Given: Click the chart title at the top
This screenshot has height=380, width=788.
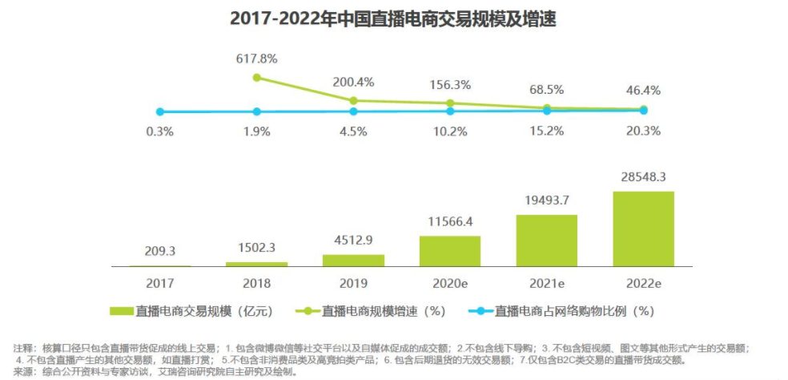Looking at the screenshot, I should [392, 18].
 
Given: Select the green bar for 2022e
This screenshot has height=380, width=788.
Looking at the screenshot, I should [643, 228].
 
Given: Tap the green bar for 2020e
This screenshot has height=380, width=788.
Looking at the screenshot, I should [449, 251].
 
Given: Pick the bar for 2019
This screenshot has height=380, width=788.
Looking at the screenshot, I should [353, 261].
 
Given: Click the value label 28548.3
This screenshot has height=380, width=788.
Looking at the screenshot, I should [643, 176].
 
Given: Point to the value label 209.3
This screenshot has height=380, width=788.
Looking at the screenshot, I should [160, 250].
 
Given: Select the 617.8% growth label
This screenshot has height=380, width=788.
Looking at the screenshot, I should [256, 59].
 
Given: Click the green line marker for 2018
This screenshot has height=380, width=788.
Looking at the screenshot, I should [256, 78].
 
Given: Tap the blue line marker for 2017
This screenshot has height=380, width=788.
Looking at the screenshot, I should [160, 111].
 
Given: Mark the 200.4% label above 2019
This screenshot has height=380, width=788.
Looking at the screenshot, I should [353, 82].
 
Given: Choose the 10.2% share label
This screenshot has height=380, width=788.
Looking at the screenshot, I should [449, 131].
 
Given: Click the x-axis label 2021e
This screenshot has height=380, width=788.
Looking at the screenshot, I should [546, 283].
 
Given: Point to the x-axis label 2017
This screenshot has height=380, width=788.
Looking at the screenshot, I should [160, 283].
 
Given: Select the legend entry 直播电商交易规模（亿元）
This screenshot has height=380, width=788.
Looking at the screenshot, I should [189, 310].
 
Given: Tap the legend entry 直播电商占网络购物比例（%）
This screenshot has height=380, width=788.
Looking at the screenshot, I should [565, 310].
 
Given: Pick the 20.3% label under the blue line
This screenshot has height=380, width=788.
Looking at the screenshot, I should [643, 131].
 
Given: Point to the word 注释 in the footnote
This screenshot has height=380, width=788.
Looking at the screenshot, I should [23, 348].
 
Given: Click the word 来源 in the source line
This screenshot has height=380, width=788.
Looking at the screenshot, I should [23, 371].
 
